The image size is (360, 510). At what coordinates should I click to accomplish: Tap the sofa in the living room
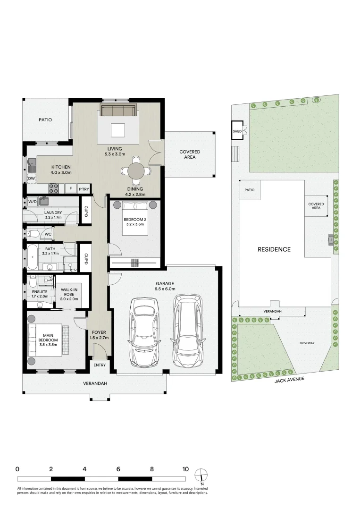click(118, 110)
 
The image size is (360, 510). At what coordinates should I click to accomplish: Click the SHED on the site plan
click(236, 131)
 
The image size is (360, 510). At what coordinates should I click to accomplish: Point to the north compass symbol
click(201, 474)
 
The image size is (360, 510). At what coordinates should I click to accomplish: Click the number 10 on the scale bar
click(185, 469)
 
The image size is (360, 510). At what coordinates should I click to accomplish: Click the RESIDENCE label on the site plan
click(274, 249)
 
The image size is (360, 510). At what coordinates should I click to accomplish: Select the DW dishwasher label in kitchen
click(31, 178)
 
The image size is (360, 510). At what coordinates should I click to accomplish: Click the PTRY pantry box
click(84, 189)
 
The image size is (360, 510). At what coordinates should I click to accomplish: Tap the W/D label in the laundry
click(32, 202)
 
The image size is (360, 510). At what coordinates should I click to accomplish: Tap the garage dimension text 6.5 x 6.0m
click(165, 289)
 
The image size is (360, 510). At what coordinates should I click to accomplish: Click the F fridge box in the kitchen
click(71, 189)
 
